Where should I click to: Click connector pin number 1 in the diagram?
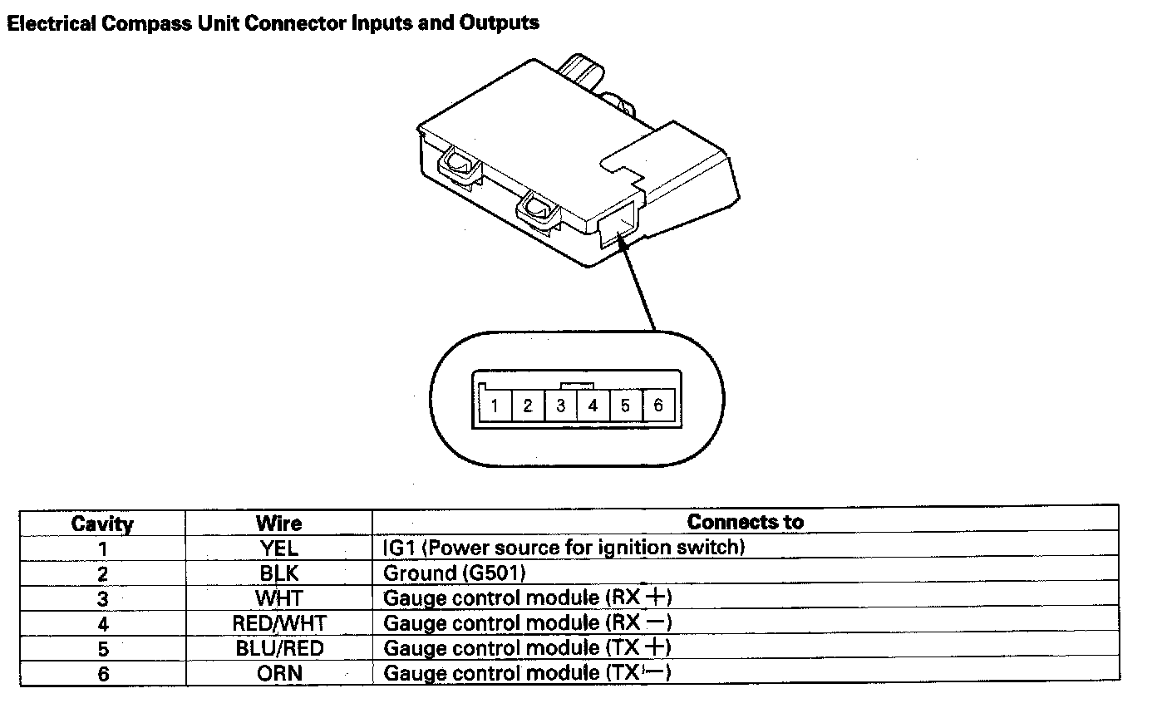(495, 406)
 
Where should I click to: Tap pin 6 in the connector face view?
(658, 406)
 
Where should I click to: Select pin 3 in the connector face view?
(561, 406)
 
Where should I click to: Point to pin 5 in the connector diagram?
(625, 406)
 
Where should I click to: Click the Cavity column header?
(102, 524)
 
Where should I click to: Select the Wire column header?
(278, 524)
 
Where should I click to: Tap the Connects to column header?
(745, 522)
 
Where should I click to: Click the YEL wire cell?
(278, 548)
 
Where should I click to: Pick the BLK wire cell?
(278, 573)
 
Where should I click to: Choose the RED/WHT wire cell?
(278, 622)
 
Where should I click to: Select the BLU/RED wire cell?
(278, 648)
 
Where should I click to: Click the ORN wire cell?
(278, 673)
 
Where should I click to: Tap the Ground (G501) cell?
(455, 573)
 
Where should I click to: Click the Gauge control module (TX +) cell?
(527, 647)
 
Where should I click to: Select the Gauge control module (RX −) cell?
(527, 622)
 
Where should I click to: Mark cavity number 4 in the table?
(103, 623)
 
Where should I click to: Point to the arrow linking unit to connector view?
(635, 283)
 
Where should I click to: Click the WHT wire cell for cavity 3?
(278, 598)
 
